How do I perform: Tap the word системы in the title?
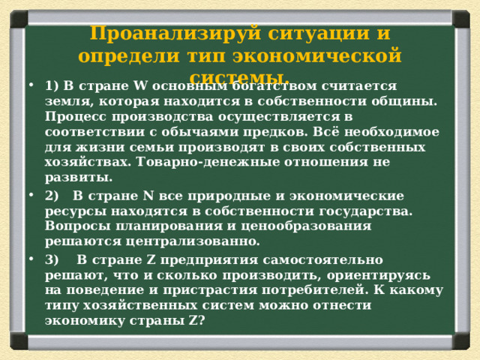click(x=238, y=77)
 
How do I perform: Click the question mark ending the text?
click(x=203, y=320)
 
